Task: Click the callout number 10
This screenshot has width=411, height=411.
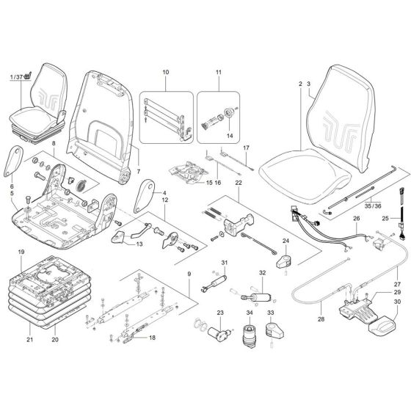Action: pos(166,73)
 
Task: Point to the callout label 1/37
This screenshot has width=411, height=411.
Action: pos(17,77)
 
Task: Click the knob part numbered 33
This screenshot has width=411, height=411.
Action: pos(272,335)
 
